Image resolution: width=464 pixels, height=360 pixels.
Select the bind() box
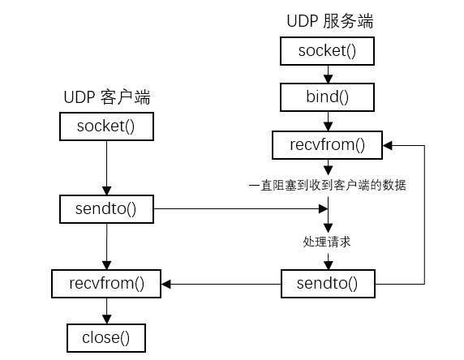click(x=327, y=98)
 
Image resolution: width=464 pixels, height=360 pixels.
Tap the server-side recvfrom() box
click(x=327, y=146)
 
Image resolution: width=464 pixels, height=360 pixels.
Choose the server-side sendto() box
click(x=327, y=284)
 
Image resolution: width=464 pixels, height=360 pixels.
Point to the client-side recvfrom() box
click(x=105, y=284)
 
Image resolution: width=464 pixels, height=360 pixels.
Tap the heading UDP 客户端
click(x=108, y=97)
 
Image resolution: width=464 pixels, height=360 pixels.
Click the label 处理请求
click(x=327, y=241)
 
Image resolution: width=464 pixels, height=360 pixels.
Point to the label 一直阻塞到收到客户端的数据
click(x=327, y=186)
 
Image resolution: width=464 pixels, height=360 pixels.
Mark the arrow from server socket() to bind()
click(x=327, y=75)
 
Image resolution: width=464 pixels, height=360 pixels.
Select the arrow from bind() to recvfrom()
click(x=327, y=122)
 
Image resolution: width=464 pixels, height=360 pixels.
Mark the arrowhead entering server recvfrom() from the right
click(x=388, y=146)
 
